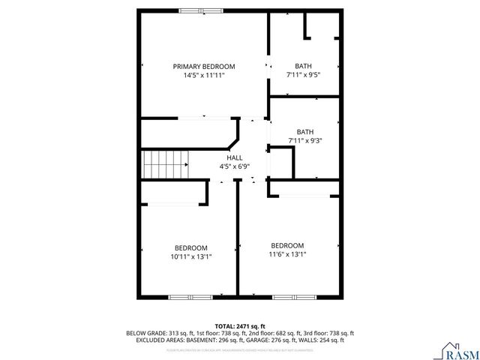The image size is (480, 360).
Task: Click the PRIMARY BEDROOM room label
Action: (204, 66)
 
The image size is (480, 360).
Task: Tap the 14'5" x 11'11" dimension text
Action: (204, 76)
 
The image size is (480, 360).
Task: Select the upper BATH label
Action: (303, 66)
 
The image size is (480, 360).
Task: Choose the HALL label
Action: (235, 157)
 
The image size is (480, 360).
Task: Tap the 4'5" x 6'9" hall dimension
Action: (235, 166)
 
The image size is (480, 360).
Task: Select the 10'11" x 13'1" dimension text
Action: (191, 256)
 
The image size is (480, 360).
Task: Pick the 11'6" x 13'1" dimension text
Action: (288, 254)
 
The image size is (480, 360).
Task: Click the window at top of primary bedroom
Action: (200, 10)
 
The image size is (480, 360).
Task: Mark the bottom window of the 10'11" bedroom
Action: (187, 298)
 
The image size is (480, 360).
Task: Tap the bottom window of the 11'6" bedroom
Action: (284, 298)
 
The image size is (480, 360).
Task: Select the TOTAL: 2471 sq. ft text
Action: (239, 325)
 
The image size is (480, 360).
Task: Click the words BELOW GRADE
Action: (145, 333)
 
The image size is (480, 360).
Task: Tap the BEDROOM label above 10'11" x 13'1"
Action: (191, 247)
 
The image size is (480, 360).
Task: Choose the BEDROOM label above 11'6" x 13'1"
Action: (288, 245)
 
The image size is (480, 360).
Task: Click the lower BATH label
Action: (304, 131)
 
